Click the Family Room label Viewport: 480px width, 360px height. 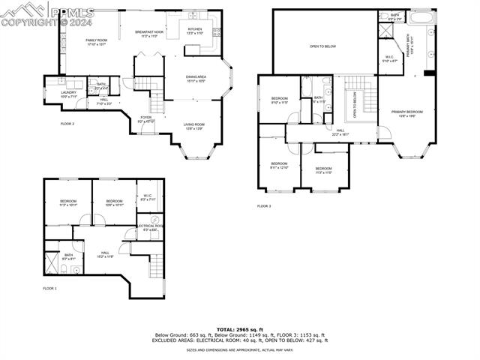[x=97, y=41]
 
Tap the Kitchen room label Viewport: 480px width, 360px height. [x=194, y=31]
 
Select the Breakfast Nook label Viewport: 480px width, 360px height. [x=149, y=34]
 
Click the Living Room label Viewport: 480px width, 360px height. [x=194, y=127]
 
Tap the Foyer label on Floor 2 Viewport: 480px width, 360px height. [x=147, y=118]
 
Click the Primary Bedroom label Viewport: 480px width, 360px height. [x=406, y=113]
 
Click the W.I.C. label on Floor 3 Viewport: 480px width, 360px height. [x=390, y=58]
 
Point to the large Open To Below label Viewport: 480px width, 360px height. [x=322, y=46]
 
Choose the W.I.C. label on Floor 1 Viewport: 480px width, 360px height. [x=148, y=198]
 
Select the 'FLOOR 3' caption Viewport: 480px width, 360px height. [x=263, y=205]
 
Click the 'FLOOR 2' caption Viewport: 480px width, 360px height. [x=67, y=123]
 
